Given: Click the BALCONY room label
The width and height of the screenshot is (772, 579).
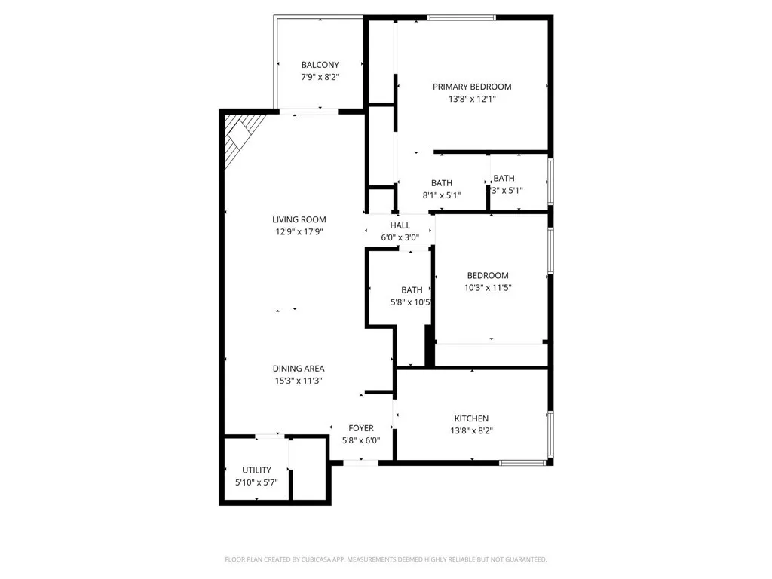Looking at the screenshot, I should click(320, 65).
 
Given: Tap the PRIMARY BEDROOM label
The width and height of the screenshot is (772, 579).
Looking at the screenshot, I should click(472, 87).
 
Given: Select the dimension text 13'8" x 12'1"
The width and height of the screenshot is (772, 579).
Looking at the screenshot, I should click(472, 99).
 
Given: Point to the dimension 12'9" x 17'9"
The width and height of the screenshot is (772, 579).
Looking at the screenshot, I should click(299, 232).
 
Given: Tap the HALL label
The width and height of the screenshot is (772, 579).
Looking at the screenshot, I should click(400, 225).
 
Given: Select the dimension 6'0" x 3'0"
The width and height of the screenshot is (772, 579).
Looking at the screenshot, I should click(400, 237).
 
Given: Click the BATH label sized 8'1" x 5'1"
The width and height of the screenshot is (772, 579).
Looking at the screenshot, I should click(442, 183).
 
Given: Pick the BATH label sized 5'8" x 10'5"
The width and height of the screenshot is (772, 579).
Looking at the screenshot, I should click(412, 290).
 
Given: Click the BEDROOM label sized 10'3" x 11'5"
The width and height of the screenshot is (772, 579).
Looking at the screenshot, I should click(488, 276).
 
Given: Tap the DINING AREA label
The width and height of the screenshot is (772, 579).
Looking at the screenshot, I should click(299, 369).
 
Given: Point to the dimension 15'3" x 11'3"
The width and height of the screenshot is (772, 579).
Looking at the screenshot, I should click(299, 381).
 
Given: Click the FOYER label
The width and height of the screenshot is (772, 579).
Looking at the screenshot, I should click(361, 428).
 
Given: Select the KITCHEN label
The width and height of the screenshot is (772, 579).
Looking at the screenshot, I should click(471, 418).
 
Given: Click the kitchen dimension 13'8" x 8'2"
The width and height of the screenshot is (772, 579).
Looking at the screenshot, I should click(471, 430).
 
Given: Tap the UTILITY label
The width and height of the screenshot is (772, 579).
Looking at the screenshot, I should click(256, 470).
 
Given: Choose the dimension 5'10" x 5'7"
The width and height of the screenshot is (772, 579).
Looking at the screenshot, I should click(256, 482).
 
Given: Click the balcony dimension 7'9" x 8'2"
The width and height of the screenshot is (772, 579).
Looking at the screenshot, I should click(320, 77).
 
